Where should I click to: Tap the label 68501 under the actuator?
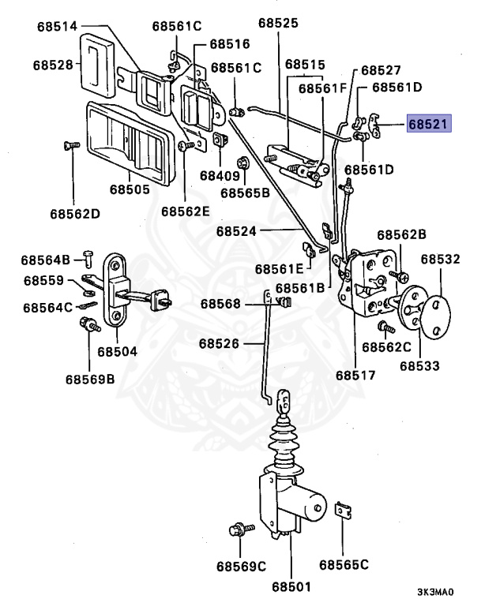click(292, 586)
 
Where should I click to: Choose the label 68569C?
click(242, 566)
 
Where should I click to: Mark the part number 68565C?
click(344, 564)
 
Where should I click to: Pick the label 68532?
click(440, 259)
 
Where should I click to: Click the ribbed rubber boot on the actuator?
click(285, 447)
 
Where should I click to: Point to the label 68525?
click(276, 24)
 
